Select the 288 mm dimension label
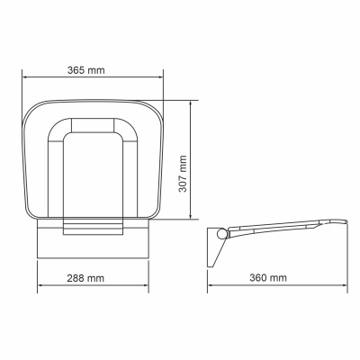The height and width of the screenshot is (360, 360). click(x=92, y=277)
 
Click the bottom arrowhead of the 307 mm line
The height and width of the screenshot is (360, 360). click(x=192, y=215)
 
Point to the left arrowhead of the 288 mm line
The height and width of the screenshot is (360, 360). click(x=40, y=289)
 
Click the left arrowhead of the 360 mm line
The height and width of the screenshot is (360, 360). click(x=211, y=289)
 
